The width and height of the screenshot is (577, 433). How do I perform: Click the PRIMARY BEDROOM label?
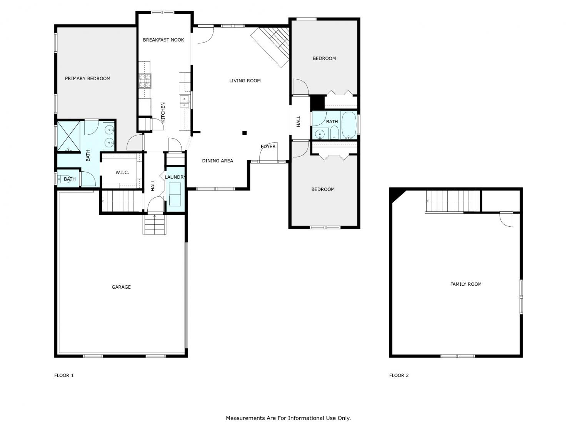coord(88,79)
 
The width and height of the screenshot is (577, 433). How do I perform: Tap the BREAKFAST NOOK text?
coord(163,40)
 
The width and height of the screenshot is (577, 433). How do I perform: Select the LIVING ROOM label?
coord(245,81)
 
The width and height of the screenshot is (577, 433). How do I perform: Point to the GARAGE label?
coord(121,287)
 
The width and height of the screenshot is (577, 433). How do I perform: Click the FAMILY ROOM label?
coord(466,284)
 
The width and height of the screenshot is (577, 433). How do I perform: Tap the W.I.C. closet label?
coord(122,172)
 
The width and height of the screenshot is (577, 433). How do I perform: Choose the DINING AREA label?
coord(217,160)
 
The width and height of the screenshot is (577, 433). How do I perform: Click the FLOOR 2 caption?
coord(399,375)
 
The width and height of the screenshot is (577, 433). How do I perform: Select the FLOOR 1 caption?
coord(64,375)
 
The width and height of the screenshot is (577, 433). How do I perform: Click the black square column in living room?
coord(245,133)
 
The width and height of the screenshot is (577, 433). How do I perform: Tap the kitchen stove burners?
coord(145,81)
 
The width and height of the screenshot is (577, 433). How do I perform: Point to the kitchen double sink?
coord(185,102)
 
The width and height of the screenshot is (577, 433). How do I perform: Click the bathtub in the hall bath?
coord(349,125)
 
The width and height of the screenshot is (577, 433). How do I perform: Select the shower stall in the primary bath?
coord(68,136)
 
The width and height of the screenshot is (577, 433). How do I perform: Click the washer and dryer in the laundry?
coord(174,194)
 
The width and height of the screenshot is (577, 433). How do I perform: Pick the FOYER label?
coord(268,146)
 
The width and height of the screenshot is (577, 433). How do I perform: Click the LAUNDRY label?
coord(175,177)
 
